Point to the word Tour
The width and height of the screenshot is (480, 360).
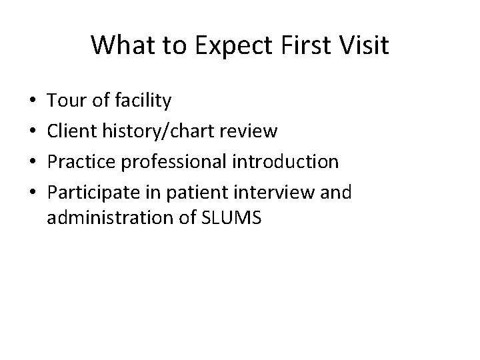(65, 101)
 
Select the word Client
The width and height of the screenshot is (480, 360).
(73, 131)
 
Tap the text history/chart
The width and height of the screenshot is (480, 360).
(157, 131)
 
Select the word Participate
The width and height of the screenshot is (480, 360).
(91, 193)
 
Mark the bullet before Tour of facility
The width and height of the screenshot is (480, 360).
(33, 102)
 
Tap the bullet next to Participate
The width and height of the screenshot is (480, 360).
(33, 193)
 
